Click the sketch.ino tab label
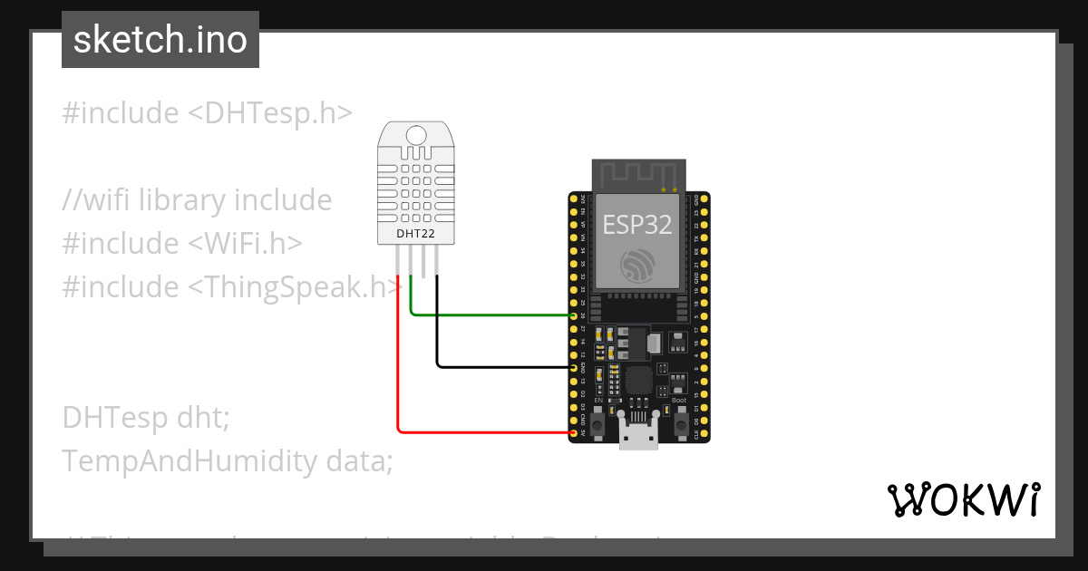pos(160,41)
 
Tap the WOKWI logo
pos(963,499)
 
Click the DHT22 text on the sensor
pos(415,234)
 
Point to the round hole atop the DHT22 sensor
pos(416,136)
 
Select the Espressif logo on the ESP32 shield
pos(638,264)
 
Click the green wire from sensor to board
pos(490,315)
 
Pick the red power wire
pos(398,363)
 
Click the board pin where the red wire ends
pos(573,433)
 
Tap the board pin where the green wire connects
pos(573,315)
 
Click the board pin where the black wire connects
pos(573,368)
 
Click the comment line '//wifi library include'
pos(197,200)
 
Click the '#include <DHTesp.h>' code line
pos(207,113)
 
